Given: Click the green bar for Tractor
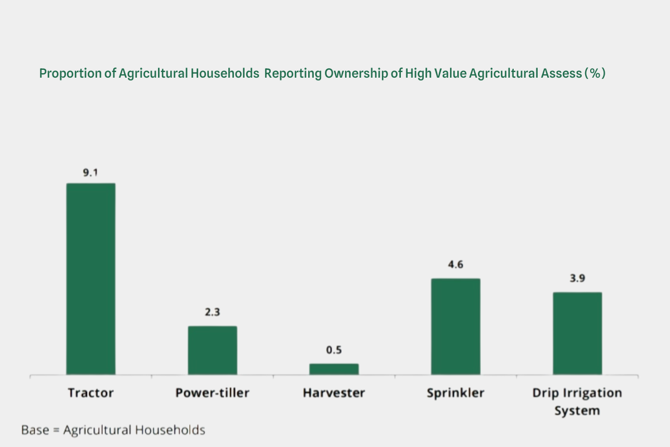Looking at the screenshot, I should [90, 279].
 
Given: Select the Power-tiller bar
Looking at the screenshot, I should [212, 350].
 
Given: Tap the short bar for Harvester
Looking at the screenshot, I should [334, 369].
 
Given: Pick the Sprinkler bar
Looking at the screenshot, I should [456, 326].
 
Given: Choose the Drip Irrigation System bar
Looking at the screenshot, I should [577, 333].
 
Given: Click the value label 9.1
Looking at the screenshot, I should [90, 173].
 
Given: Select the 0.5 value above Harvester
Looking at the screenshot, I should [334, 350].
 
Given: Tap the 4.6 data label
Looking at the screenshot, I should [456, 265].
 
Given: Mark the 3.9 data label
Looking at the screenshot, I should [577, 278].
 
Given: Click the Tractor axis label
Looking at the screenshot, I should [90, 393].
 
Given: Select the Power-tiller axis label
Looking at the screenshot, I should [212, 393].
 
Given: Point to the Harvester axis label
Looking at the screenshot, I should [334, 393].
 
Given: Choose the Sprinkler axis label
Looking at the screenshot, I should [456, 393].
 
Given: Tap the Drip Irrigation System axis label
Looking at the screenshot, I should [577, 402].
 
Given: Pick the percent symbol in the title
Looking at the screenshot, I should [595, 74].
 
